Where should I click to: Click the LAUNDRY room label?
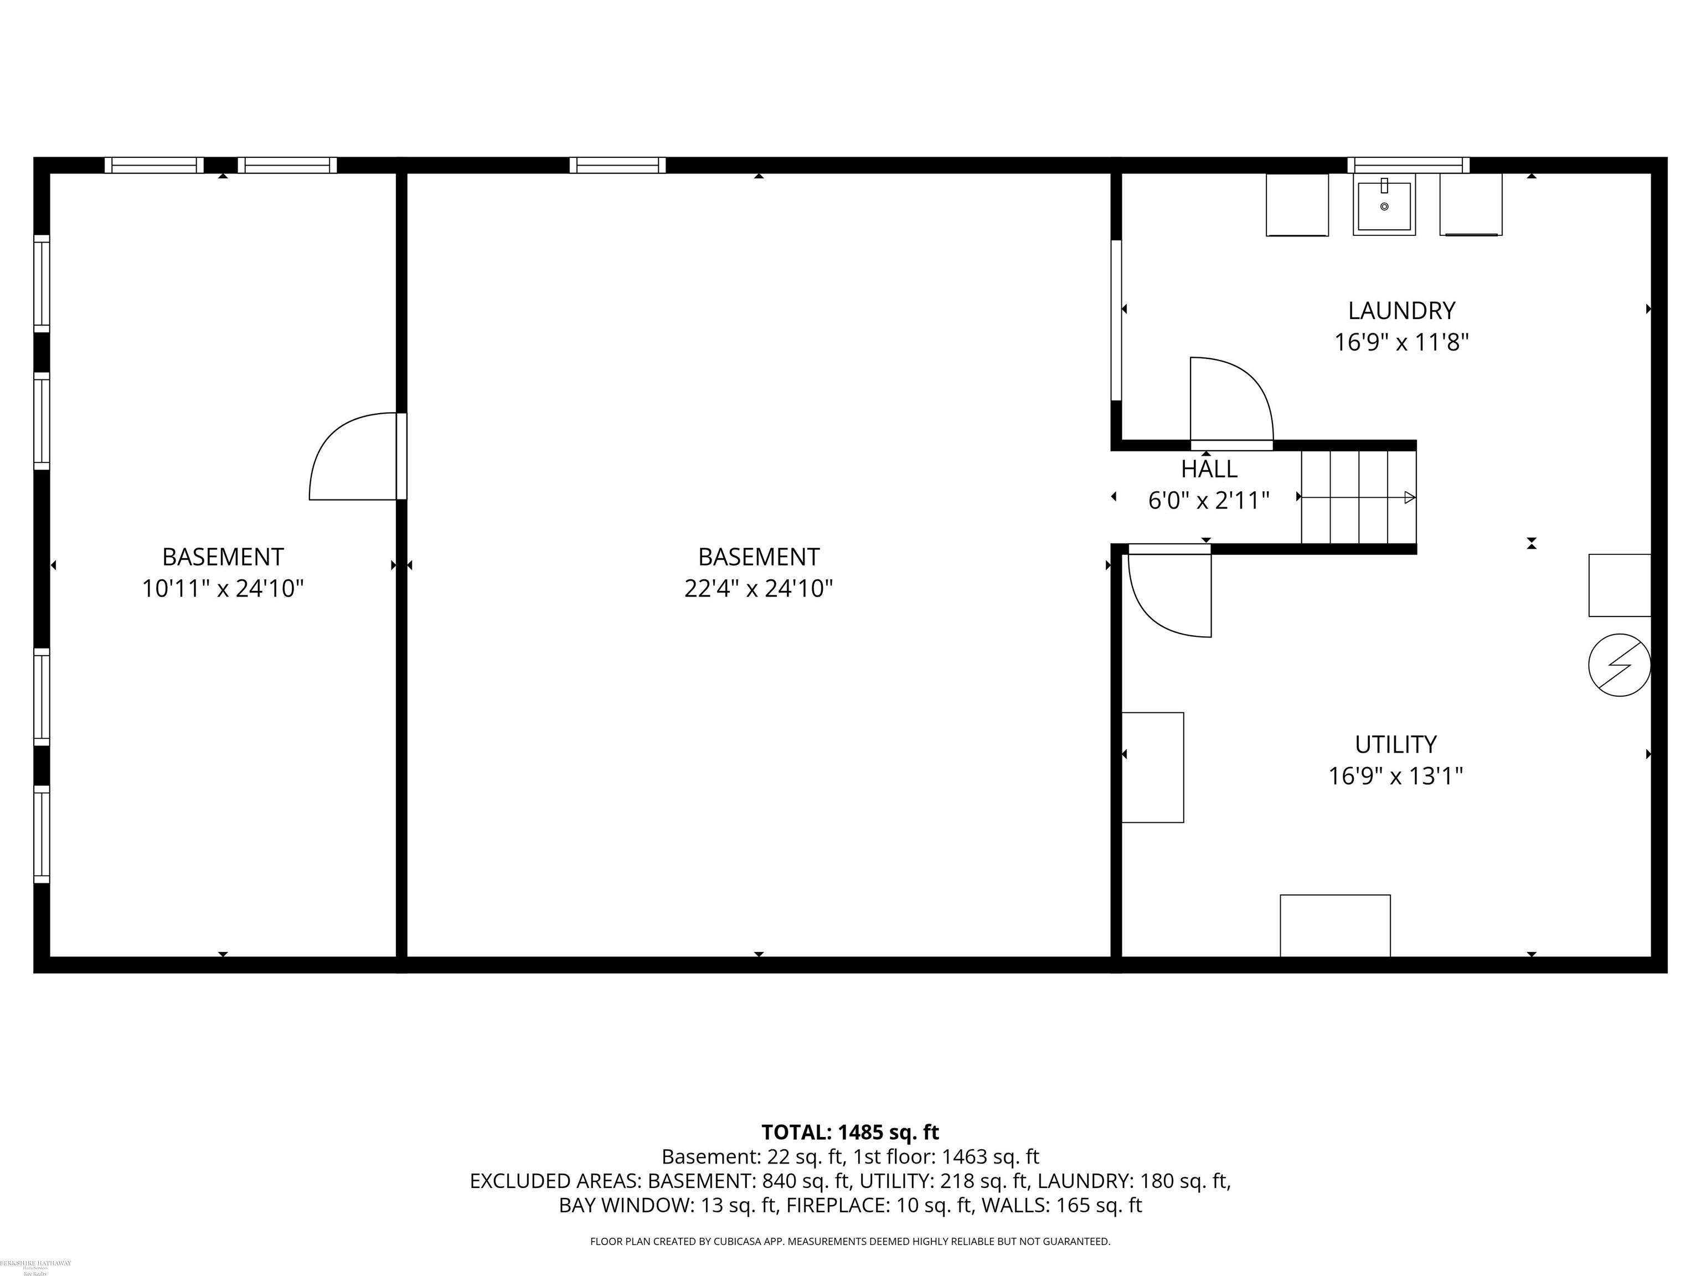(1401, 311)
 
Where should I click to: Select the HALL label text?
(1209, 469)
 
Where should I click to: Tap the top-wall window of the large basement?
(617, 164)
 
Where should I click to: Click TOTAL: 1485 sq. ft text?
(850, 1132)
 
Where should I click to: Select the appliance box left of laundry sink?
(1297, 204)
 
